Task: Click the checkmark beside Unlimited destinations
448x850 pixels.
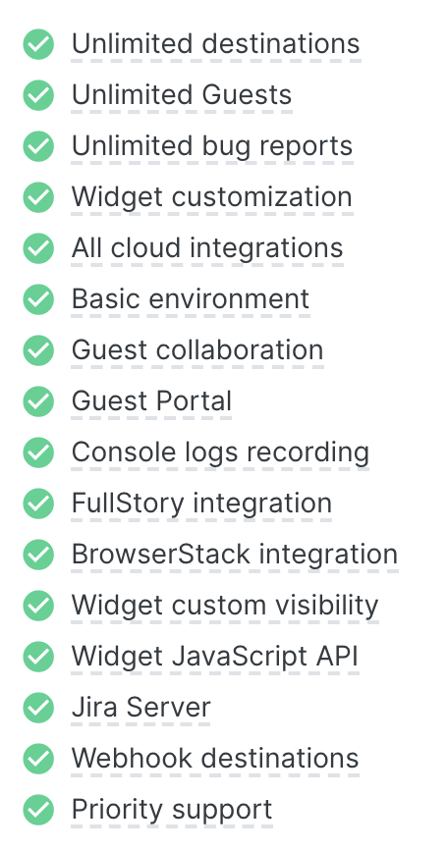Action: coord(38,44)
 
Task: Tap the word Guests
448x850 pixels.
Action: coord(247,95)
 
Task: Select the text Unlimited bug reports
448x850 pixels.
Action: coord(212,146)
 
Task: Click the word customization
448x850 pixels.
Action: coord(262,197)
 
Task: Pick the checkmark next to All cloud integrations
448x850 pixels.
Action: coord(38,247)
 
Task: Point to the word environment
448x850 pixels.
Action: coord(228,298)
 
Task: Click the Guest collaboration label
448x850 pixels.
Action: coord(197,349)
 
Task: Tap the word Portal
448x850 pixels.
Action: coord(194,400)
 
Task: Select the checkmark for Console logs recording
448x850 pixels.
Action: coord(38,452)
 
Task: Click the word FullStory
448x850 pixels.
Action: coord(128,504)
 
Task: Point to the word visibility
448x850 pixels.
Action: coord(327,606)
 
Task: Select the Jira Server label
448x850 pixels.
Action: coord(141,708)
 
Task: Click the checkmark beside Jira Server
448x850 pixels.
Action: coord(38,708)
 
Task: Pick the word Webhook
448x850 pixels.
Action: coord(133,758)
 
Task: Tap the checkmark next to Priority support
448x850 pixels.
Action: coord(38,810)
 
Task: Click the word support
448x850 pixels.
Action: coord(222,811)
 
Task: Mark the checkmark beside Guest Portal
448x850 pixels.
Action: coord(38,401)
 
